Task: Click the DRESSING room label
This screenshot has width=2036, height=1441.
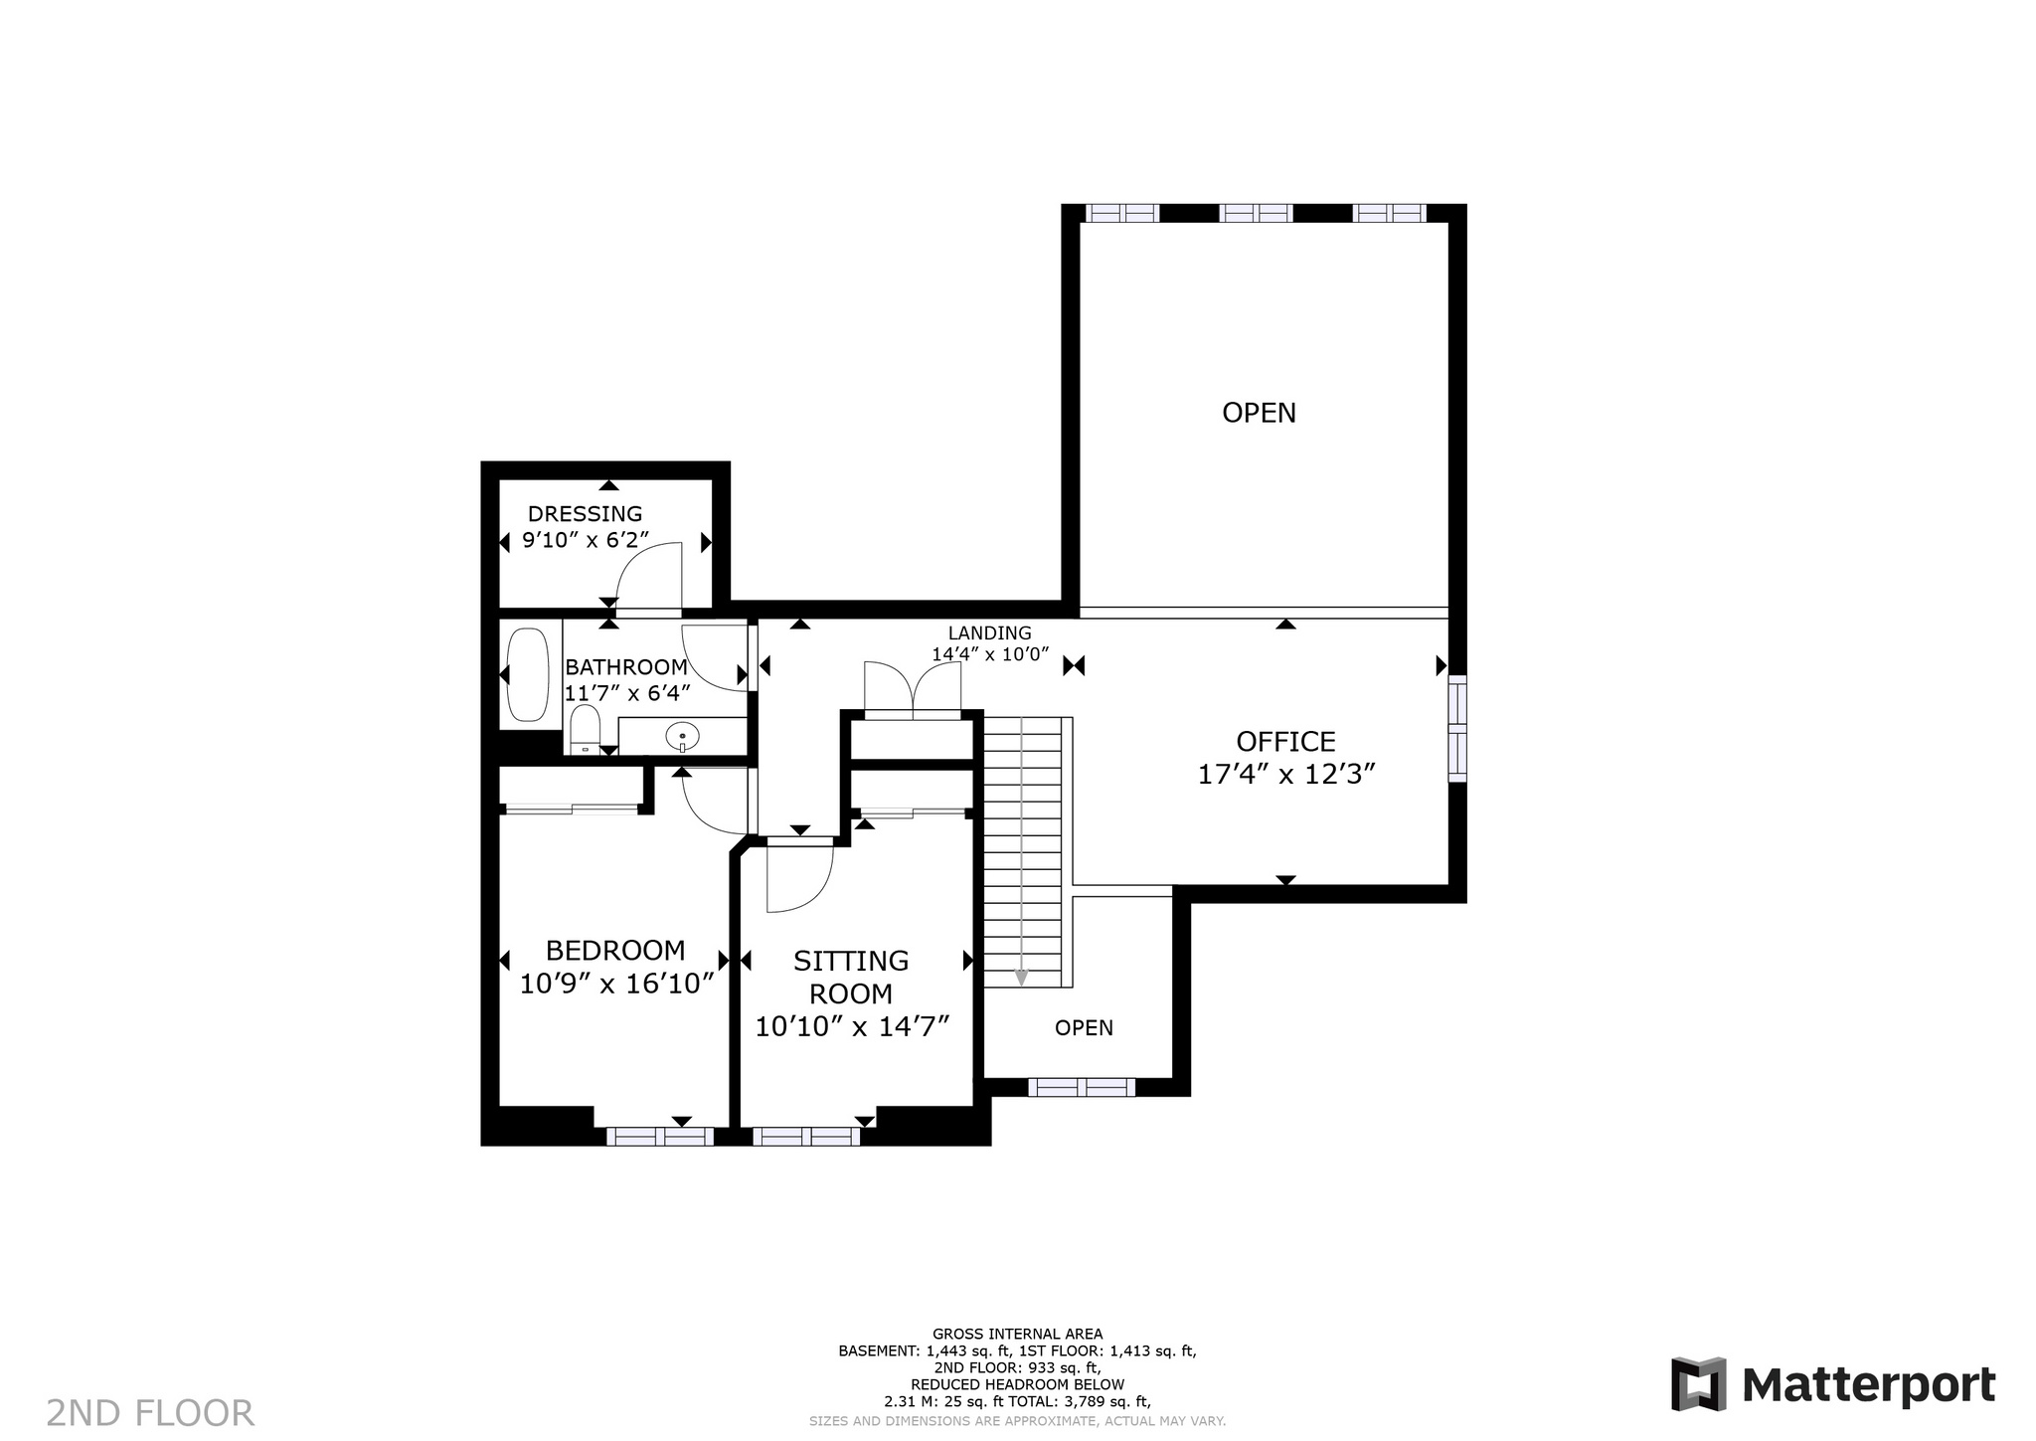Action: point(585,514)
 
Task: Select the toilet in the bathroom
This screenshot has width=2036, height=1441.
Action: point(585,730)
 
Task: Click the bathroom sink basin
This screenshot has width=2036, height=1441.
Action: point(683,738)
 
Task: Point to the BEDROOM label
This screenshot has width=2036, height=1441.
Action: point(615,951)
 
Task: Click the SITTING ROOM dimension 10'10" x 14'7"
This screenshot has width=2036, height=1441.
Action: point(852,1025)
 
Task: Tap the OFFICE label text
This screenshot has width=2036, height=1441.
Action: point(1285,742)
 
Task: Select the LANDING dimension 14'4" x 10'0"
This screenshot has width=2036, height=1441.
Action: point(990,654)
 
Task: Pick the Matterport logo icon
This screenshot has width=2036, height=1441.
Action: point(1698,1383)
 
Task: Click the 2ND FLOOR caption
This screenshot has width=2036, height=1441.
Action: point(150,1413)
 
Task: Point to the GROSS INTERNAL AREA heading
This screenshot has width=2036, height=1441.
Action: point(1017,1334)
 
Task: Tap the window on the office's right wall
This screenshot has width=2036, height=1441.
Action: point(1456,729)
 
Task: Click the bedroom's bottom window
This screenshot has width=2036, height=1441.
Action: point(660,1137)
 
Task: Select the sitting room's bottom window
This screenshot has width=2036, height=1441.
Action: point(806,1137)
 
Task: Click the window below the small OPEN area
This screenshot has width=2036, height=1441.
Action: point(1082,1087)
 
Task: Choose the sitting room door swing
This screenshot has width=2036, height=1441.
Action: point(799,875)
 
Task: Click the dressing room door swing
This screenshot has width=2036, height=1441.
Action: point(649,575)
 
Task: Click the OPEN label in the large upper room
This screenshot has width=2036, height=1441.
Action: point(1259,413)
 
